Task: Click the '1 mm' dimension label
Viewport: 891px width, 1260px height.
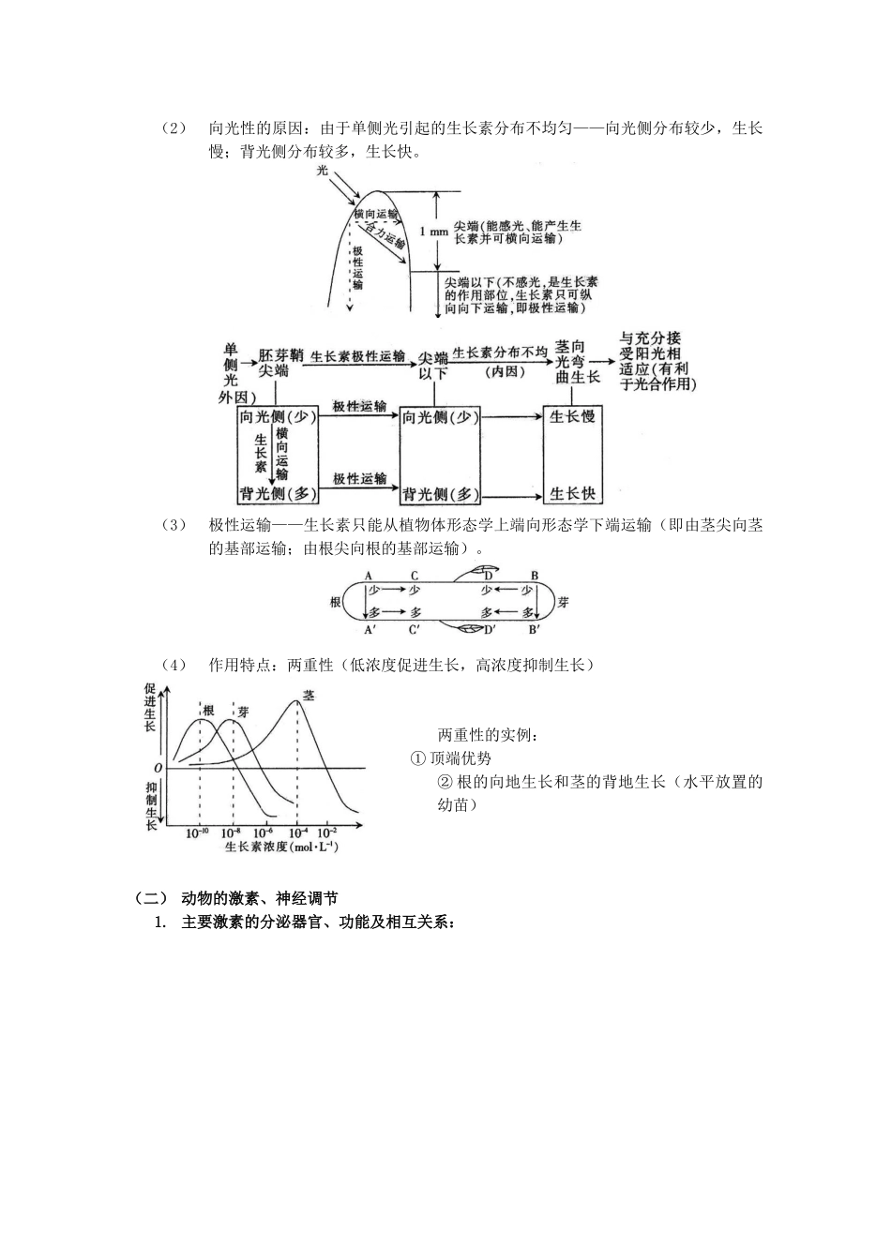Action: point(434,232)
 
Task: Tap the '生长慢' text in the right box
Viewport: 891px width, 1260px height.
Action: point(572,415)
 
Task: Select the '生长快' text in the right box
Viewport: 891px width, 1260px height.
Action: point(572,493)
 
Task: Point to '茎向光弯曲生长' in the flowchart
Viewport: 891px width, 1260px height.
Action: point(577,362)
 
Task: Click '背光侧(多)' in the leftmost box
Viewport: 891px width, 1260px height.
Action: point(278,493)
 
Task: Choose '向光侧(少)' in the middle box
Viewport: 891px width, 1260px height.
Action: point(440,417)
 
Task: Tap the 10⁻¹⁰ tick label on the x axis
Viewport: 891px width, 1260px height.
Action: point(198,832)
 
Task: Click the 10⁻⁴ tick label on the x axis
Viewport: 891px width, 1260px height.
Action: point(298,832)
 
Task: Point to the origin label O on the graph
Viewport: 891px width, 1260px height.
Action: point(159,768)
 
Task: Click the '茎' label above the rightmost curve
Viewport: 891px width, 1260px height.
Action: point(308,697)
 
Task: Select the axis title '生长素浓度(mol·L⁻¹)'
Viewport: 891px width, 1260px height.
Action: point(281,847)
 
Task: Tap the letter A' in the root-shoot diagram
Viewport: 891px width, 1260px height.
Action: point(370,629)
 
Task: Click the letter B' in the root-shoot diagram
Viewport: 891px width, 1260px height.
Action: point(534,629)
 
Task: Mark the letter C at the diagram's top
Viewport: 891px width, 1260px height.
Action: point(415,576)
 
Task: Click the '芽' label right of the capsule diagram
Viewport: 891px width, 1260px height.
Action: point(563,602)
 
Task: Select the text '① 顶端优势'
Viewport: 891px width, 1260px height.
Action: point(451,758)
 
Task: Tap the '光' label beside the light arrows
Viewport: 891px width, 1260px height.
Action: point(323,171)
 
